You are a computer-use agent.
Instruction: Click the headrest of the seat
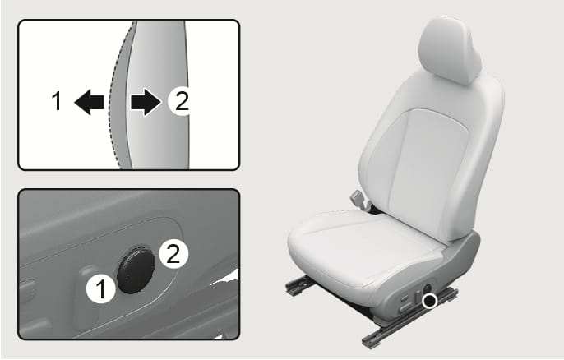(450, 50)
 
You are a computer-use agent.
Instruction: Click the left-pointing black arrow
(89, 102)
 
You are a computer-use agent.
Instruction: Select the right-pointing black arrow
(146, 102)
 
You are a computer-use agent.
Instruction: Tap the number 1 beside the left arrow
(57, 101)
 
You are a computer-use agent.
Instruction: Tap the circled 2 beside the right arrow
(181, 101)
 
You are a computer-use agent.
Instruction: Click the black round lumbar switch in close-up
(136, 270)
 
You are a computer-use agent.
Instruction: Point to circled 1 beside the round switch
(101, 289)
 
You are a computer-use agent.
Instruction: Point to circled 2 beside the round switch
(173, 254)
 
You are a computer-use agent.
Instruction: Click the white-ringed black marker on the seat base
(429, 300)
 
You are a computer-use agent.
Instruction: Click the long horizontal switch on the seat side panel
(406, 307)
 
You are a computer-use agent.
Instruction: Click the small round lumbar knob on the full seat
(428, 288)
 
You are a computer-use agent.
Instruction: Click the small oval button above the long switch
(405, 298)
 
